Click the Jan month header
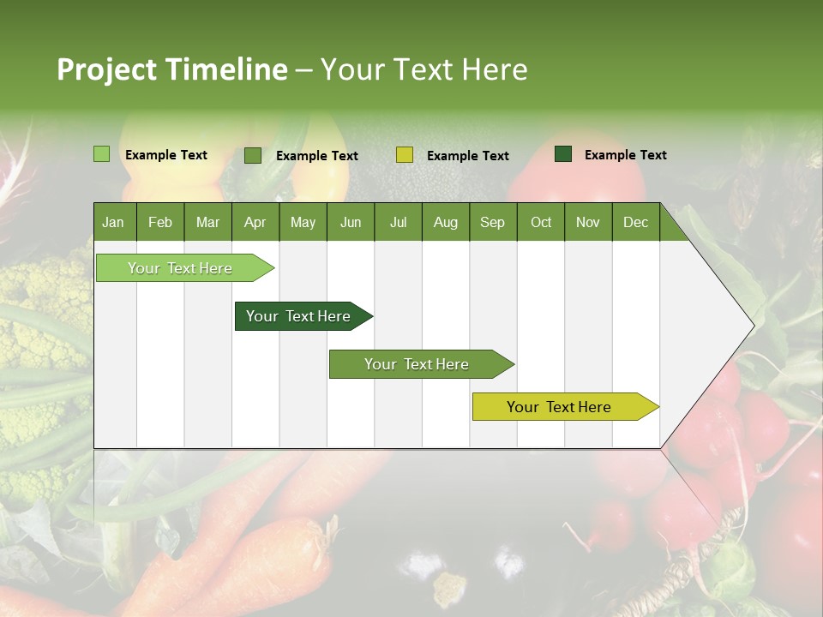[113, 223]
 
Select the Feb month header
[160, 223]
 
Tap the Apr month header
[255, 223]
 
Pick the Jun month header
[350, 223]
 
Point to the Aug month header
[445, 223]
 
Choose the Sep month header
[492, 223]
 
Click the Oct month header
[541, 223]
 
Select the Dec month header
[635, 223]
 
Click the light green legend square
[102, 154]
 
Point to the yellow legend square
[405, 155]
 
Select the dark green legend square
[563, 154]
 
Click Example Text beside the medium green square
[316, 156]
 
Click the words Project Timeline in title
[172, 69]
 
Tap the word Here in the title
[495, 69]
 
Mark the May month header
[303, 223]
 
